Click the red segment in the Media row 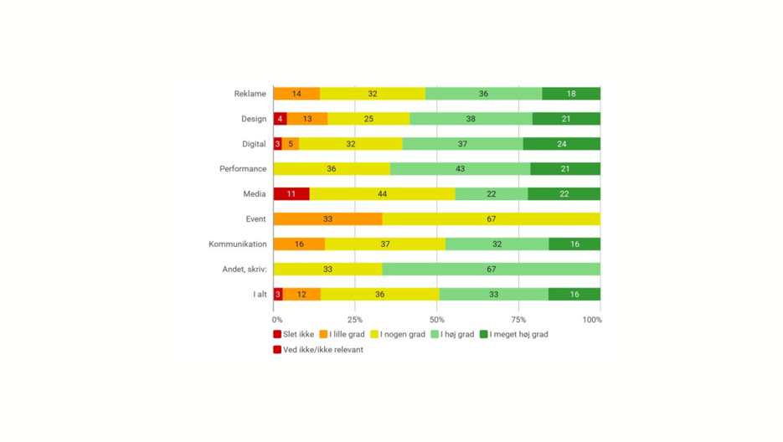click(x=291, y=194)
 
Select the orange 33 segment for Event click(x=327, y=219)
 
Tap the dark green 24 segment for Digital click(x=561, y=144)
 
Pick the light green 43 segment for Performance click(x=460, y=169)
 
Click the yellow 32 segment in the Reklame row click(x=372, y=94)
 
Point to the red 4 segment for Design click(x=280, y=119)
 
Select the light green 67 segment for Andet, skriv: click(x=491, y=270)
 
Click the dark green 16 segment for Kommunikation click(x=574, y=244)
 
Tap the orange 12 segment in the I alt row click(x=301, y=295)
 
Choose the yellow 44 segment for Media click(x=382, y=194)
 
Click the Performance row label click(x=243, y=169)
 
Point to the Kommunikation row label click(x=238, y=244)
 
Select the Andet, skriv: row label click(x=245, y=270)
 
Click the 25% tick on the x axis click(x=355, y=320)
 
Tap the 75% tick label click(x=518, y=320)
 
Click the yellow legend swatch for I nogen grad click(x=374, y=335)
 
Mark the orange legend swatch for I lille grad click(x=323, y=335)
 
